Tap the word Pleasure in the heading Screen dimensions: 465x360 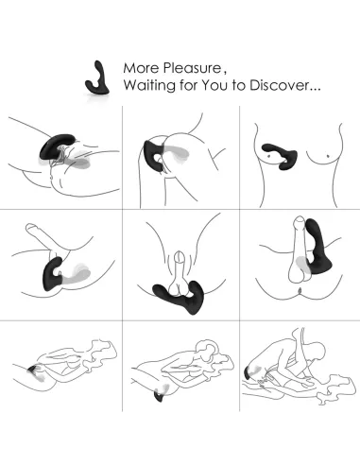click(188, 69)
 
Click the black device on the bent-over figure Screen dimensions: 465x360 click(152, 152)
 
